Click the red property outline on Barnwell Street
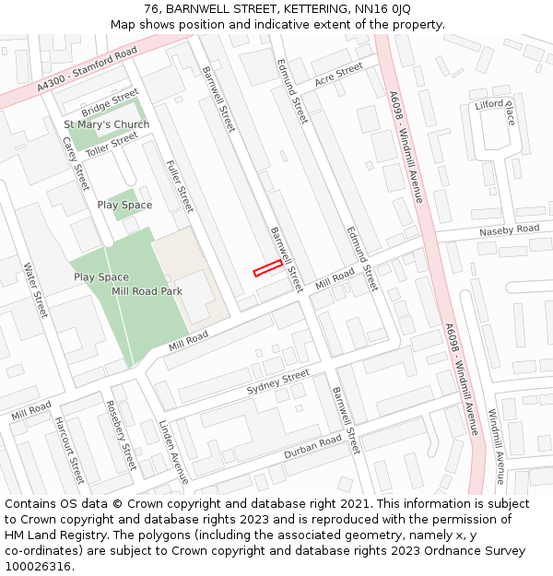(267, 267)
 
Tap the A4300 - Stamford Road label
(88, 68)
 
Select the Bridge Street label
(109, 105)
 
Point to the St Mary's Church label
(106, 124)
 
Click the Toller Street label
(112, 143)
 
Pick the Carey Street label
(75, 162)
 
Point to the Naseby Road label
(509, 229)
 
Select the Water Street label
(35, 290)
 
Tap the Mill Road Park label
(147, 291)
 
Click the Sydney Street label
(278, 383)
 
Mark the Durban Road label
(312, 448)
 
